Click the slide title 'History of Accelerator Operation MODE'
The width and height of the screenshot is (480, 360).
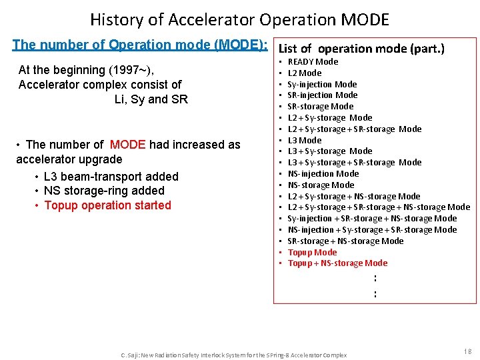[x=239, y=19]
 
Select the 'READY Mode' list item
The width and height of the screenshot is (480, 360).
[x=313, y=62]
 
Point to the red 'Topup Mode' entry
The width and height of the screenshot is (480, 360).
[x=312, y=253]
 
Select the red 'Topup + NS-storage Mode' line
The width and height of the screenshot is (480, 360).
[x=337, y=263]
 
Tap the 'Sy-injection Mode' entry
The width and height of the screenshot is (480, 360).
[x=322, y=85]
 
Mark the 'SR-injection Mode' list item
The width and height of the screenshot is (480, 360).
[x=322, y=95]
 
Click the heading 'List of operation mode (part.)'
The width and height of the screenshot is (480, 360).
[x=361, y=49]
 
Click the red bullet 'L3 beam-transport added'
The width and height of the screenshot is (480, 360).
[x=111, y=177]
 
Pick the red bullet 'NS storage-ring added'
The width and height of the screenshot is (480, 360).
[x=104, y=191]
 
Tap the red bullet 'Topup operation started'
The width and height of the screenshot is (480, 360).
[x=107, y=205]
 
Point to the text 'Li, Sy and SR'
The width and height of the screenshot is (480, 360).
[x=151, y=99]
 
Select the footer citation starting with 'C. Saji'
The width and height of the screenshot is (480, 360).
[x=233, y=355]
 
